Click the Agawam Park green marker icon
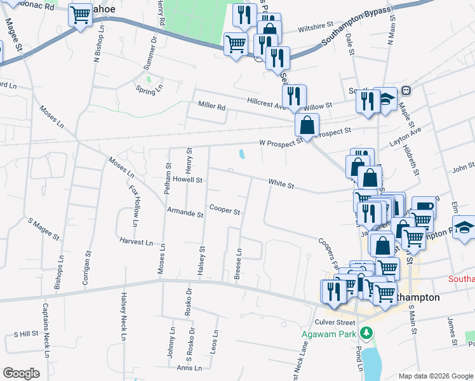(366, 333)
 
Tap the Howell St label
(188, 180)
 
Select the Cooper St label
(225, 210)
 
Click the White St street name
(281, 184)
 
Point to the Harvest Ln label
(136, 243)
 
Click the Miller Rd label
(211, 107)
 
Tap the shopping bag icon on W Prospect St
(307, 126)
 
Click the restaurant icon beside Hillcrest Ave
(293, 95)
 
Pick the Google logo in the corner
(21, 373)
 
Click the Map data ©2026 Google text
(436, 376)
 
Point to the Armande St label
(185, 213)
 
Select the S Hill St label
(26, 333)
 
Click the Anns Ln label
(189, 368)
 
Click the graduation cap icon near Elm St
(464, 228)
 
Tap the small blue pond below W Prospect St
(243, 154)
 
